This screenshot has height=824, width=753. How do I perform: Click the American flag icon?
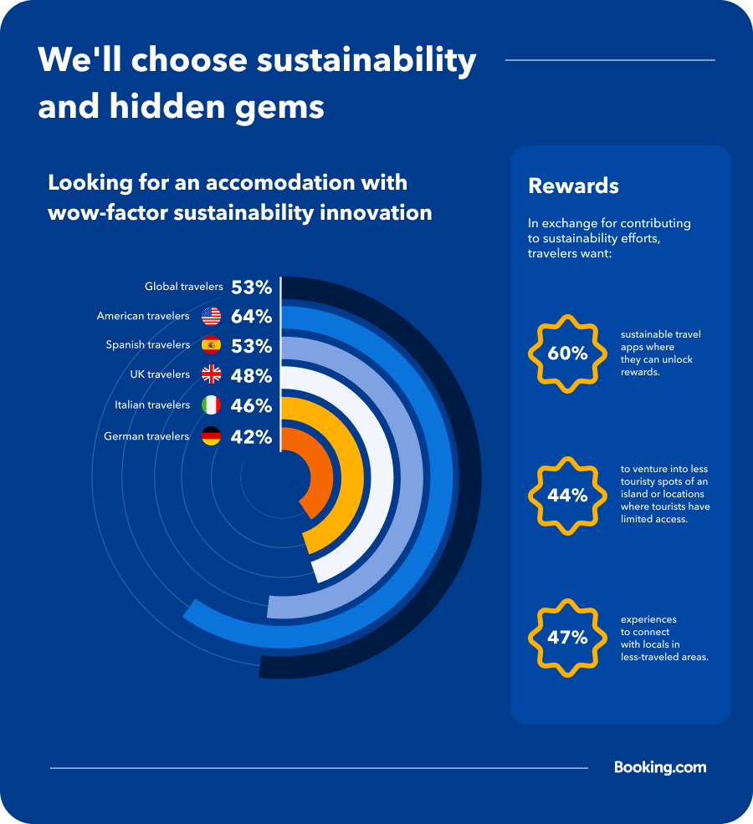pos(211,317)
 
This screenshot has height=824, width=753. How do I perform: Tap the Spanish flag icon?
pos(211,344)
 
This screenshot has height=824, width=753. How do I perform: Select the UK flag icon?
pos(211,374)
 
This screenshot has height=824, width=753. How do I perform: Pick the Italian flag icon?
pos(211,405)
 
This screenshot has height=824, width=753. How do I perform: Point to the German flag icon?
pos(211,435)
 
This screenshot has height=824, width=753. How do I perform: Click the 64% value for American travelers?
pos(251,317)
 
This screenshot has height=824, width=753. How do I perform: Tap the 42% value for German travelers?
pos(251,436)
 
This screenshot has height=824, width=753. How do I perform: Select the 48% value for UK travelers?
pos(251,375)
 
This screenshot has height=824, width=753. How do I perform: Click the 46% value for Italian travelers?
pos(251,406)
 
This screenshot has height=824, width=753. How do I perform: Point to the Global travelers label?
pos(183,287)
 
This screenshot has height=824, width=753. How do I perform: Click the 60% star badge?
pos(567,354)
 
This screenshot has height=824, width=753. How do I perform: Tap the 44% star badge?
pos(567,496)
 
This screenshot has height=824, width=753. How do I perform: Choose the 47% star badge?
pos(567,638)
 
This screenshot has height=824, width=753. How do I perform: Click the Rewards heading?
pos(573,186)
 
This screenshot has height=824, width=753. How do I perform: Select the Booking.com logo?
pos(660,767)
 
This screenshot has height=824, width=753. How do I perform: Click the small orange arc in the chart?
pos(322,476)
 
